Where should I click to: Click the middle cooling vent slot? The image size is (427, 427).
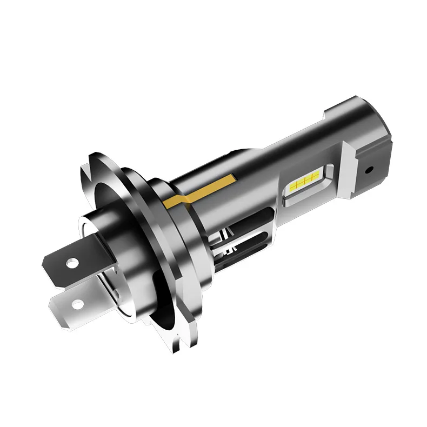[x=238, y=243]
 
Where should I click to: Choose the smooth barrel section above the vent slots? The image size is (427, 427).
[x=254, y=162]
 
